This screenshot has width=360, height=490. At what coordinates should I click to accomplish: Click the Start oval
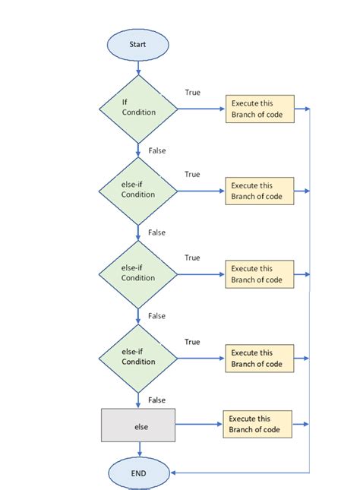click(x=137, y=45)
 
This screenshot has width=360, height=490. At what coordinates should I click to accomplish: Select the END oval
click(x=137, y=473)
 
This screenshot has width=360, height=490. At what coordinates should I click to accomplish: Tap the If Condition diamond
click(x=138, y=108)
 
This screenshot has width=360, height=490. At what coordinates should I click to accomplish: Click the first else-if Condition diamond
click(x=138, y=191)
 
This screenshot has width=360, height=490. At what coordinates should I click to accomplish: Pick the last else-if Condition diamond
click(x=138, y=357)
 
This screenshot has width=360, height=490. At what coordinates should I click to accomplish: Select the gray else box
click(x=138, y=426)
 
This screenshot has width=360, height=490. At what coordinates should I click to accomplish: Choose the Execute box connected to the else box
click(x=257, y=425)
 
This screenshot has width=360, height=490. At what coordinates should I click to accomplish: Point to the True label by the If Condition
click(x=192, y=93)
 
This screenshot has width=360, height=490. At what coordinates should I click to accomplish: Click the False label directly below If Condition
click(x=157, y=150)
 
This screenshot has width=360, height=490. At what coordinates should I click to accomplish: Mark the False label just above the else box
click(x=157, y=400)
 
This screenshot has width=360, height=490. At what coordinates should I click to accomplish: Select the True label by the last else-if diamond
click(x=192, y=342)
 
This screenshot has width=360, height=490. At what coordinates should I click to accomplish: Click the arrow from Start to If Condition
click(x=138, y=67)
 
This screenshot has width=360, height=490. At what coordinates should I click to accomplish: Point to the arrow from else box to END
click(x=138, y=450)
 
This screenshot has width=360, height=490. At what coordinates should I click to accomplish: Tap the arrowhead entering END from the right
click(x=174, y=473)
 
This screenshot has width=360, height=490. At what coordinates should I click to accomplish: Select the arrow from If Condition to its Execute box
click(x=201, y=109)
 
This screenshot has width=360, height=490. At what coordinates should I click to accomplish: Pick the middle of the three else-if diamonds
click(x=138, y=274)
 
